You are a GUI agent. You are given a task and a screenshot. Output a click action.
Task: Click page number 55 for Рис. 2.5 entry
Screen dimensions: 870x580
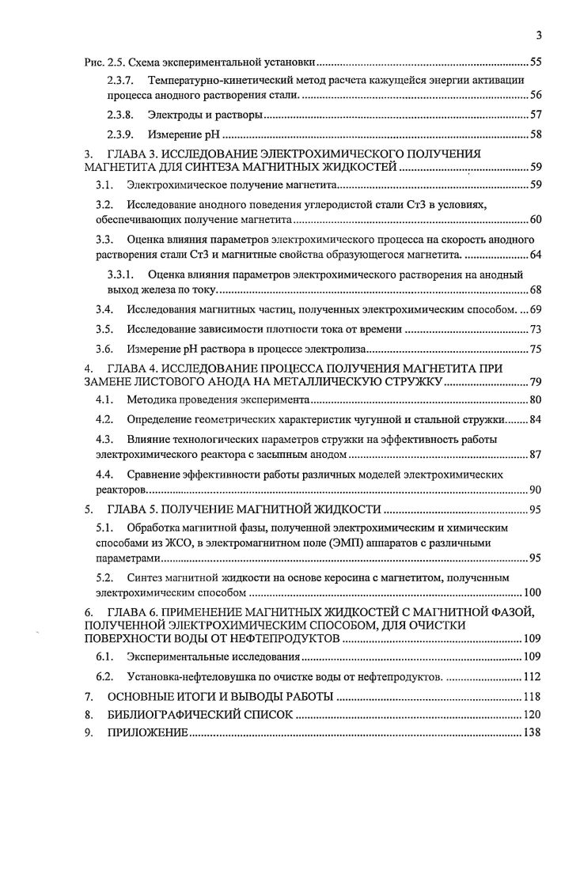pos(535,61)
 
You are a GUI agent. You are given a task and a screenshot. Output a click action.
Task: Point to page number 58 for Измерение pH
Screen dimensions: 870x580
pos(535,134)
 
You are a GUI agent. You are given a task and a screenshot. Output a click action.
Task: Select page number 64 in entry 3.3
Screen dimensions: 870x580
pos(535,254)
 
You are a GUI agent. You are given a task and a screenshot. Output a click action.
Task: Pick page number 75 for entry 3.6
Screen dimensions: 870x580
pos(535,348)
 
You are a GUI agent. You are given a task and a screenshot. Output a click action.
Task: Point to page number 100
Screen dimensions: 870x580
pos(532,592)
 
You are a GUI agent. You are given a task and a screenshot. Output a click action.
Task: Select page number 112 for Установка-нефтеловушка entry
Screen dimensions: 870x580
pos(532,676)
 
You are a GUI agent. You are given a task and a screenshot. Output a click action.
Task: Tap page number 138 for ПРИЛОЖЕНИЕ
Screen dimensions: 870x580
pos(532,733)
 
